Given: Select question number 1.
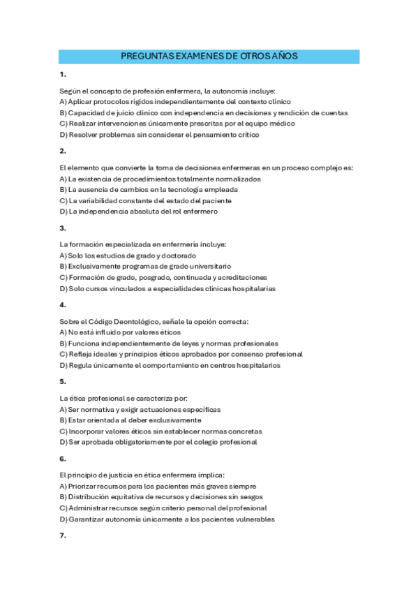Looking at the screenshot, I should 63,74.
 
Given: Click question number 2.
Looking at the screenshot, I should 63,151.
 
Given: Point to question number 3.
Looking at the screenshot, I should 63,228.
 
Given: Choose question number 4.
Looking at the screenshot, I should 63,305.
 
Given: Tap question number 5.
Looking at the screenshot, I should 63,382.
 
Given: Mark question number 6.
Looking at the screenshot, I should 63,459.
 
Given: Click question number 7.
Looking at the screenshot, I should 63,535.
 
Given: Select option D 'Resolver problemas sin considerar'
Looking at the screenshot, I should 160,135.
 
